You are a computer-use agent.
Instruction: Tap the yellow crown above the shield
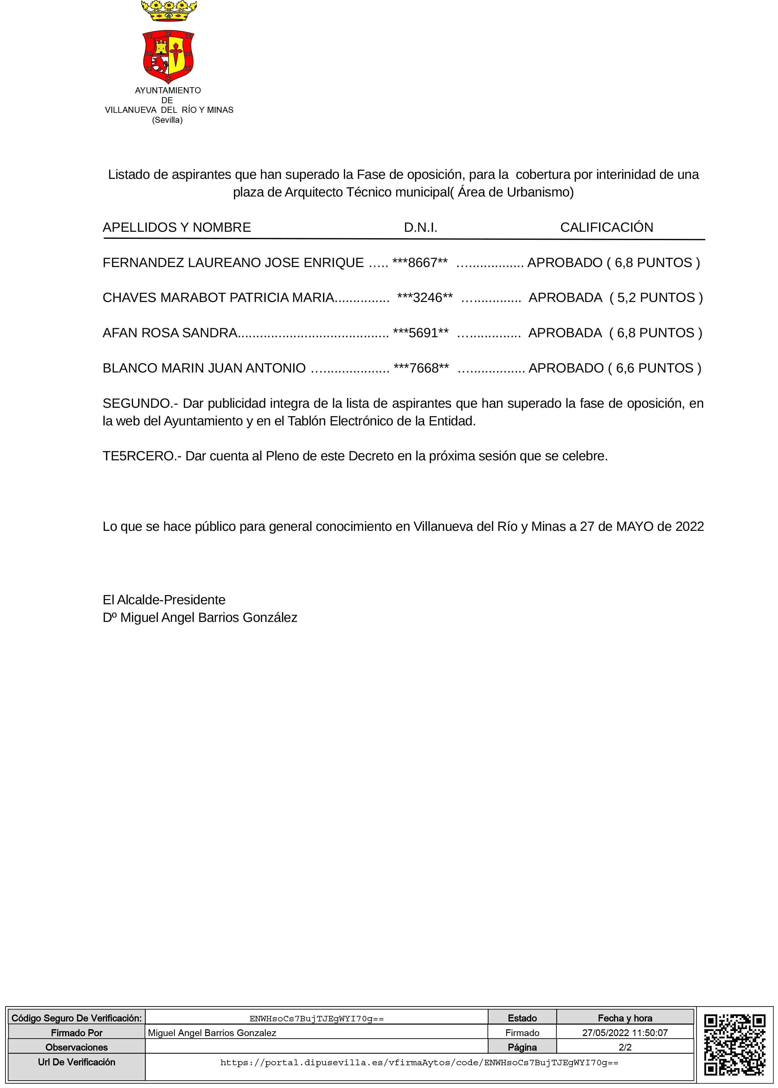coord(169,11)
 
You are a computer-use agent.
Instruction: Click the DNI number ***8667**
coord(420,263)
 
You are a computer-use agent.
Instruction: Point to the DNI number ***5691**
coord(421,333)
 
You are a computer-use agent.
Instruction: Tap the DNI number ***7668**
coord(421,368)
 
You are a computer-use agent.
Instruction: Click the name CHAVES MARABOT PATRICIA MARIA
coord(218,297)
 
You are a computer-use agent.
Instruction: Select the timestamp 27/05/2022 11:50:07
coord(625,1033)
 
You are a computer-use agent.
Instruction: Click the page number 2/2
coord(625,1047)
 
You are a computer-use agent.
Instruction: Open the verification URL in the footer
coord(419,1063)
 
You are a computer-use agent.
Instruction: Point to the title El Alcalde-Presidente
coord(164,600)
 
